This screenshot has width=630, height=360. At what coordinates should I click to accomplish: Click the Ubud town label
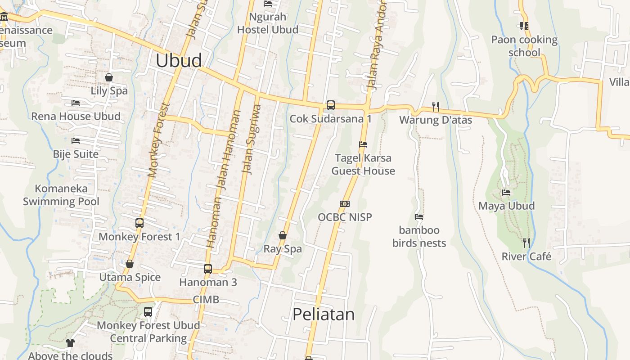[x=179, y=61]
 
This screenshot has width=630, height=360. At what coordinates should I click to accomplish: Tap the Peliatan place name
[x=324, y=314]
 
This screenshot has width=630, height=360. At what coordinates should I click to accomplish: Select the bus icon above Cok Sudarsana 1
[x=331, y=105]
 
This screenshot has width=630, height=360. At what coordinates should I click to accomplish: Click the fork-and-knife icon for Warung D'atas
[x=435, y=107]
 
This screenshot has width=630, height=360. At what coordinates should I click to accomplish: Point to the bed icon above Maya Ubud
[x=506, y=193]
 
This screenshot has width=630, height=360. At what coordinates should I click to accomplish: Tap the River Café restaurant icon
[x=526, y=243]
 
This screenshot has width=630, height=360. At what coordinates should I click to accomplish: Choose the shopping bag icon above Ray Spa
[x=283, y=235]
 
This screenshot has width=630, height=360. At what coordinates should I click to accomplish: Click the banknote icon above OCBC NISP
[x=345, y=204]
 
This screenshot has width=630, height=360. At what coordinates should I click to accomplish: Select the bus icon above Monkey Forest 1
[x=139, y=223]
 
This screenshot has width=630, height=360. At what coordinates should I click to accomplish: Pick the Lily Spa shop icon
[x=109, y=77]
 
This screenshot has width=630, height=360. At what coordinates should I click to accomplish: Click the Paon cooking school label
[x=524, y=46]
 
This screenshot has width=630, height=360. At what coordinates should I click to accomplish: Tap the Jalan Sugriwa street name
[x=252, y=139]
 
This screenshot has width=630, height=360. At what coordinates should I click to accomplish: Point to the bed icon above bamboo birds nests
[x=419, y=217]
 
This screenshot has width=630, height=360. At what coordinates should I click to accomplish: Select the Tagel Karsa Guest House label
[x=363, y=164]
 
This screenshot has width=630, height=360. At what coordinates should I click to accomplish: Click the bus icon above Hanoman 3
[x=208, y=269]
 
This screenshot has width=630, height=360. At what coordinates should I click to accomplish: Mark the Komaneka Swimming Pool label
[x=61, y=195]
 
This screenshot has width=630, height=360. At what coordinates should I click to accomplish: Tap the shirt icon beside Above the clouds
[x=70, y=343]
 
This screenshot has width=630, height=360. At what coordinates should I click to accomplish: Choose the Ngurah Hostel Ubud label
[x=268, y=23]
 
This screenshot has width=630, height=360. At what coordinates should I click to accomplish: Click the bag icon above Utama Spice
[x=130, y=264]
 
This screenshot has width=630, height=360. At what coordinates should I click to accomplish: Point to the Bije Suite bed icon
[x=76, y=141]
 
